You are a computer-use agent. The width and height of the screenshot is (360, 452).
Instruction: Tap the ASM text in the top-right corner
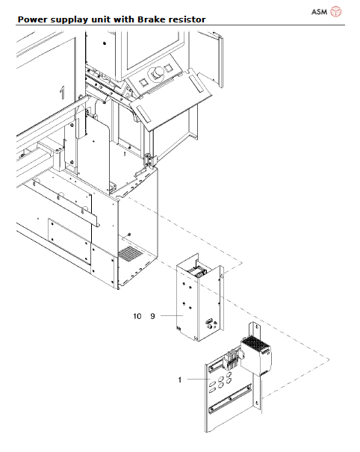coord(319,12)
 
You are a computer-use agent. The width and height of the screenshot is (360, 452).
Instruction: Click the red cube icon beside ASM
coord(337,11)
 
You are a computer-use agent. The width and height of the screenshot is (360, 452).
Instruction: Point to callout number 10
coord(137,317)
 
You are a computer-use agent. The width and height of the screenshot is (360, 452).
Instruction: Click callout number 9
coord(152,317)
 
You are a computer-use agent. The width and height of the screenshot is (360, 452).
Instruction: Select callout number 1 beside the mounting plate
coord(180,380)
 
